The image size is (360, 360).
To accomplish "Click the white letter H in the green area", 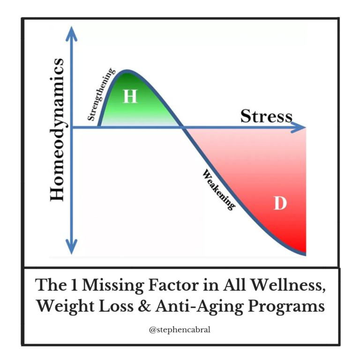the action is (x=130, y=96).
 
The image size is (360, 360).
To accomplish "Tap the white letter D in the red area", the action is (x=280, y=202).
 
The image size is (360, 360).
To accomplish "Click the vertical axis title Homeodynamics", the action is (x=57, y=130).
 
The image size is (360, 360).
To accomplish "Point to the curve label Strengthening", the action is (x=101, y=94).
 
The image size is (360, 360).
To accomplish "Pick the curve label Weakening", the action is (x=218, y=190).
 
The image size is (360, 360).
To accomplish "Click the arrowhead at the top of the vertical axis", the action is (x=72, y=34).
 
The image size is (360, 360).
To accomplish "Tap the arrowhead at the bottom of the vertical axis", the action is (x=72, y=247).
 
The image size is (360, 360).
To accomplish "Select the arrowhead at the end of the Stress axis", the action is (x=298, y=127).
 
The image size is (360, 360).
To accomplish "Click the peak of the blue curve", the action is (x=127, y=71).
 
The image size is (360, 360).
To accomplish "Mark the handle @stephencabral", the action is (x=180, y=330).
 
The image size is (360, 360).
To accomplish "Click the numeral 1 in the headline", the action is (x=74, y=285).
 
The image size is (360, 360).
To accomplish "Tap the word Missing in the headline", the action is (x=113, y=286).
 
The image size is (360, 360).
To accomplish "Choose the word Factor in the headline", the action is (x=173, y=285).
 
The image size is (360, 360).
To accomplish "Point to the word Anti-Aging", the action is (x=199, y=307).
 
